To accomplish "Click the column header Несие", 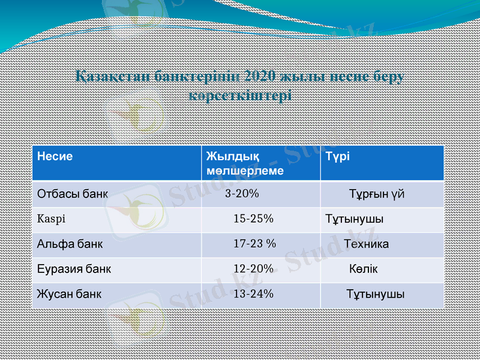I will click(x=55, y=157).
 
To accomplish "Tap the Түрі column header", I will click(x=338, y=157).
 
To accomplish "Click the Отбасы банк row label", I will click(x=73, y=194).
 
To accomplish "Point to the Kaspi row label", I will click(x=51, y=219).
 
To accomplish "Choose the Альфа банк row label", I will click(x=70, y=244).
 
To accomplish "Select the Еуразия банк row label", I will click(x=74, y=269).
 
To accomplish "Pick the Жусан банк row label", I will click(x=70, y=295).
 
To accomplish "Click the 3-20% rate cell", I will click(x=242, y=194).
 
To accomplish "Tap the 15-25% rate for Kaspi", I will click(x=253, y=219).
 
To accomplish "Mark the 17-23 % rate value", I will click(x=254, y=244).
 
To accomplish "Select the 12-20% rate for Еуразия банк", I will click(x=253, y=269).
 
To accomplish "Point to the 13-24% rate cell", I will click(x=253, y=295).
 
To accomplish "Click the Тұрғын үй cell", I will click(x=377, y=194).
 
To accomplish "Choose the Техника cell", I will click(x=366, y=244).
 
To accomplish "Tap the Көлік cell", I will click(x=364, y=269).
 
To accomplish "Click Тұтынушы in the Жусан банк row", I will click(x=375, y=295).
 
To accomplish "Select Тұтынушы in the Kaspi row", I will click(x=355, y=219).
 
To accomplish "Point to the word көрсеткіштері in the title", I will click(x=240, y=95).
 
